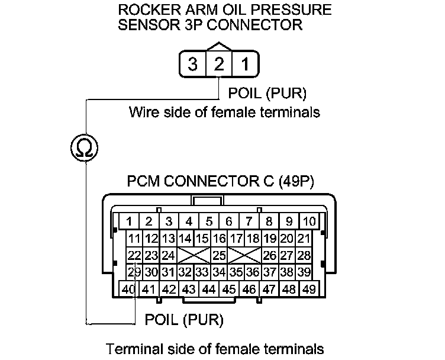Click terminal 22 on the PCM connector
134,256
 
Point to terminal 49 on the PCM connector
308,290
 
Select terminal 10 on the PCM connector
309,222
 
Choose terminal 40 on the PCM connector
129,290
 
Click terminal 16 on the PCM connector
220,239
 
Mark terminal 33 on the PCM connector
202,272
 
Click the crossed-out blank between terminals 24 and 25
194,256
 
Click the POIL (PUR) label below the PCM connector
184,320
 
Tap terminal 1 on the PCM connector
129,222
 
